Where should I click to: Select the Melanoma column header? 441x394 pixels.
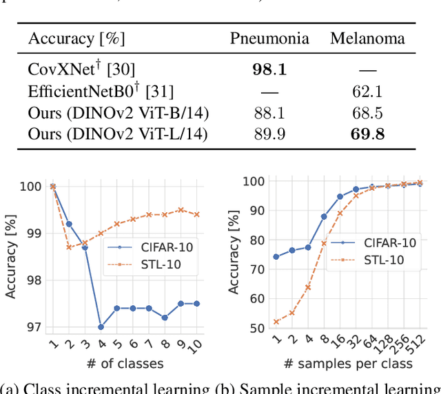point(367,39)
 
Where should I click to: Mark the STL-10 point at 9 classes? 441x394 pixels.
point(181,210)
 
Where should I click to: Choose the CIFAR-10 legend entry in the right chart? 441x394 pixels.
point(381,242)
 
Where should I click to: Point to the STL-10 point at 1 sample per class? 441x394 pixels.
point(276,322)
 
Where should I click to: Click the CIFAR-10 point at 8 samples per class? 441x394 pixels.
point(324,216)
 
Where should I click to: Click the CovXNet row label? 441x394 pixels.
point(67,69)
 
